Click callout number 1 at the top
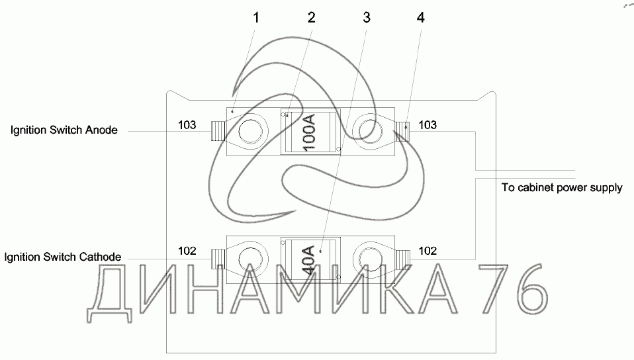click(256, 18)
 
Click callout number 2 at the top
click(311, 18)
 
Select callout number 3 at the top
click(367, 18)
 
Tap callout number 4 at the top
click(421, 18)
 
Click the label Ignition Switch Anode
click(64, 130)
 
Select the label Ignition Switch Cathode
click(63, 257)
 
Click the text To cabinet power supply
click(562, 188)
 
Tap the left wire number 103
click(187, 125)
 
